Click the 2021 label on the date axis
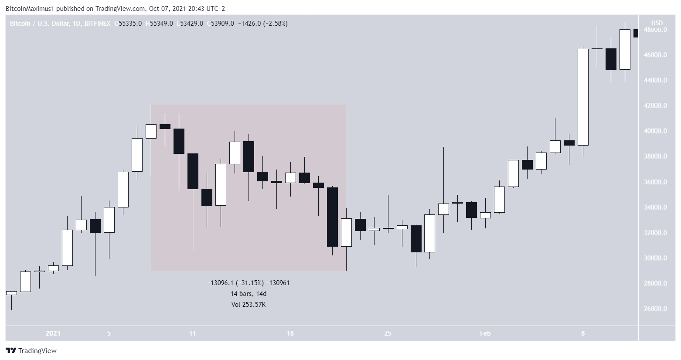click(53, 333)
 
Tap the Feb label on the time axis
click(485, 333)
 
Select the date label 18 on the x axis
click(290, 333)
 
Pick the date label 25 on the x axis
click(388, 333)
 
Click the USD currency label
click(657, 23)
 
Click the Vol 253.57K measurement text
click(249, 305)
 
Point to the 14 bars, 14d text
click(249, 294)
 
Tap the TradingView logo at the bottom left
click(31, 350)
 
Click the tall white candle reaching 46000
click(583, 97)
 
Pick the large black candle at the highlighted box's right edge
click(332, 217)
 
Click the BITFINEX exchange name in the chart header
click(98, 24)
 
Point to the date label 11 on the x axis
click(193, 333)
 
